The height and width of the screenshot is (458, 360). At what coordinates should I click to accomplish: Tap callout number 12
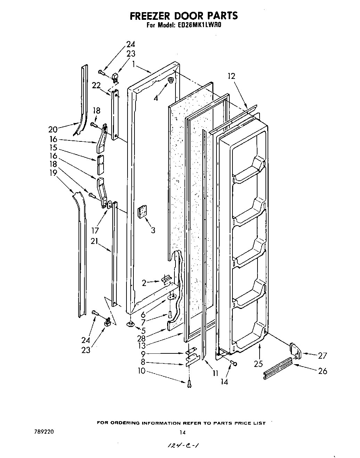click(x=231, y=76)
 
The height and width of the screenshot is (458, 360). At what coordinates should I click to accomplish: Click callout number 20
click(x=53, y=129)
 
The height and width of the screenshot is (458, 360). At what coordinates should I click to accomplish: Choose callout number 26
click(x=322, y=371)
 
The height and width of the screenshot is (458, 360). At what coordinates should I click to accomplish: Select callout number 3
click(x=153, y=230)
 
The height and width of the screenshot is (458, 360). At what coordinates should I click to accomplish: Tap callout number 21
click(x=95, y=242)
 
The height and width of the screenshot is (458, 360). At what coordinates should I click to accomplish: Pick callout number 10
click(x=141, y=371)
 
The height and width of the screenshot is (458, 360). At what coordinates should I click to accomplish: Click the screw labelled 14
click(x=234, y=364)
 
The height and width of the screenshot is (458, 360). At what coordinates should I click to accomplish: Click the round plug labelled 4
click(x=171, y=80)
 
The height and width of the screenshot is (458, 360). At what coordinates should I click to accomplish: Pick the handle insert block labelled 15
click(x=100, y=165)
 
